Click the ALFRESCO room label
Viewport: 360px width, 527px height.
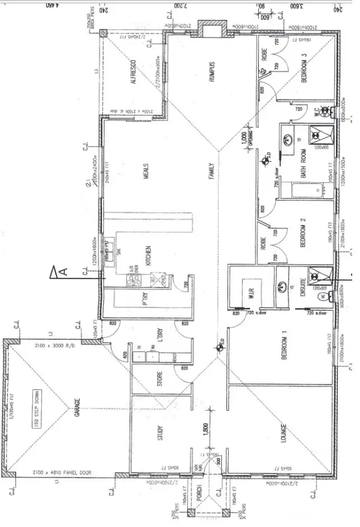pos(134,72)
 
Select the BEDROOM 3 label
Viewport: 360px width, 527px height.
pos(304,68)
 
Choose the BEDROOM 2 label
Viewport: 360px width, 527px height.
pos(302,232)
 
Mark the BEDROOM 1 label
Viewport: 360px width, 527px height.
pos(285,346)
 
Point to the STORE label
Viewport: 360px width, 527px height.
pos(160,378)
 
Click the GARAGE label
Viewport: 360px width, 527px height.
pos(77,410)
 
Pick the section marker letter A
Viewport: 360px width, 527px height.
pos(63,272)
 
